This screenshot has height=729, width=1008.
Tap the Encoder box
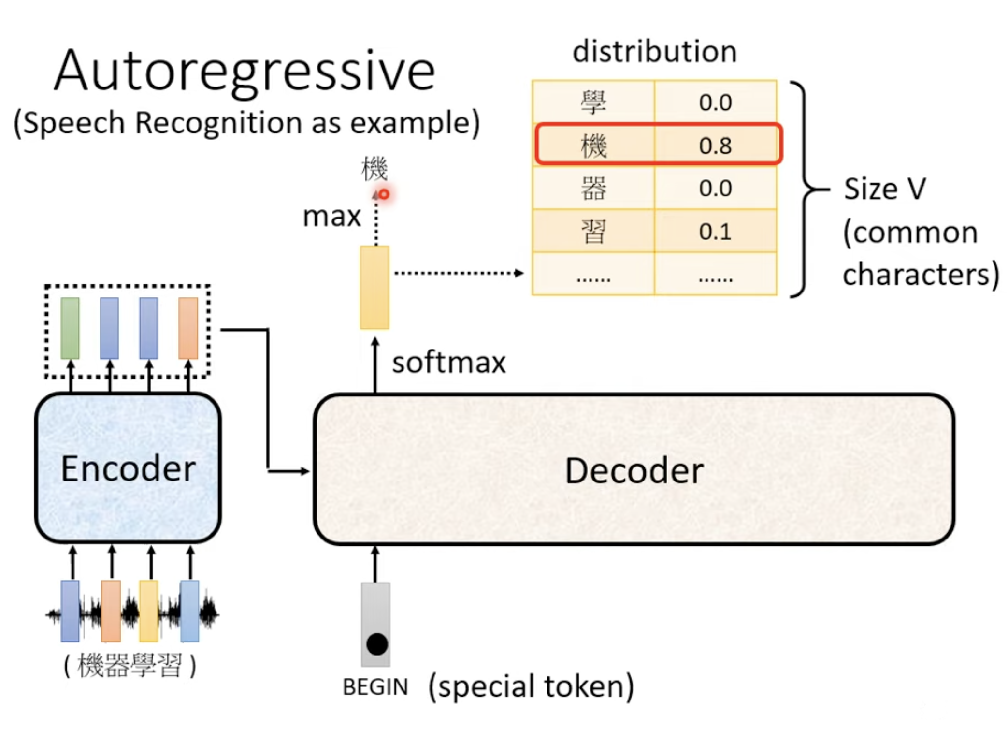click(x=128, y=467)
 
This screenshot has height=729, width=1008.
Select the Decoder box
click(x=634, y=469)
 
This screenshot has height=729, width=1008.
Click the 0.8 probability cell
click(x=716, y=145)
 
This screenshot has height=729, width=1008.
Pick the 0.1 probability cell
click(x=716, y=232)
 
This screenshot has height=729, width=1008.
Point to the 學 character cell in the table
click(x=593, y=102)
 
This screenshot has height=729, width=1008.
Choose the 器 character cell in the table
click(x=593, y=188)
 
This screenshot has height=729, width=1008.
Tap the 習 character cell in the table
click(x=593, y=232)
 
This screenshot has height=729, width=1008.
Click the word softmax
click(x=449, y=363)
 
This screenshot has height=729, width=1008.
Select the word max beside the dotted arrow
click(x=332, y=217)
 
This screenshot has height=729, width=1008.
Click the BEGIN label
click(x=375, y=687)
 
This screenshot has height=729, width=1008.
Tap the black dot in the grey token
click(x=377, y=644)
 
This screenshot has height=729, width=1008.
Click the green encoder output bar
click(x=70, y=328)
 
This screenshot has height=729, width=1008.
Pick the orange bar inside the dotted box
click(x=188, y=328)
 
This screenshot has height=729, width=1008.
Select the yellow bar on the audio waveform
click(x=149, y=611)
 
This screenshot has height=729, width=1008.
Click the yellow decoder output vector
click(x=374, y=288)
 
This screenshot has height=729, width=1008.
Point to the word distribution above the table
click(x=655, y=52)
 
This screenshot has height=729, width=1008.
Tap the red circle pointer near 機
click(x=384, y=194)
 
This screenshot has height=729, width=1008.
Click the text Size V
click(x=885, y=189)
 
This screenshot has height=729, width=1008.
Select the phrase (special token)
click(x=531, y=687)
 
